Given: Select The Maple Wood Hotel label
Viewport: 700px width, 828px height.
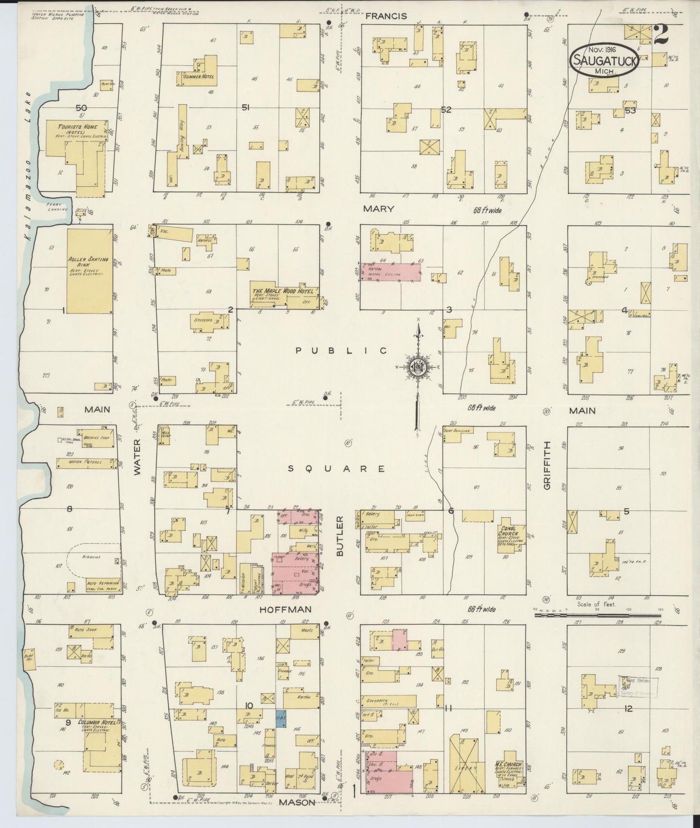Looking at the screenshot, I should point(284,292).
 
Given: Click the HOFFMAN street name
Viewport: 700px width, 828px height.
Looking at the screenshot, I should point(285,610).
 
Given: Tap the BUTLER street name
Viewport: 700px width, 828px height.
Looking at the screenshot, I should point(340,536).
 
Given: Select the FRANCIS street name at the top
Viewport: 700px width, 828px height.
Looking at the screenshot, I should point(392,16).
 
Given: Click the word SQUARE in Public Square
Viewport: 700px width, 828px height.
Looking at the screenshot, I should point(336,468).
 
